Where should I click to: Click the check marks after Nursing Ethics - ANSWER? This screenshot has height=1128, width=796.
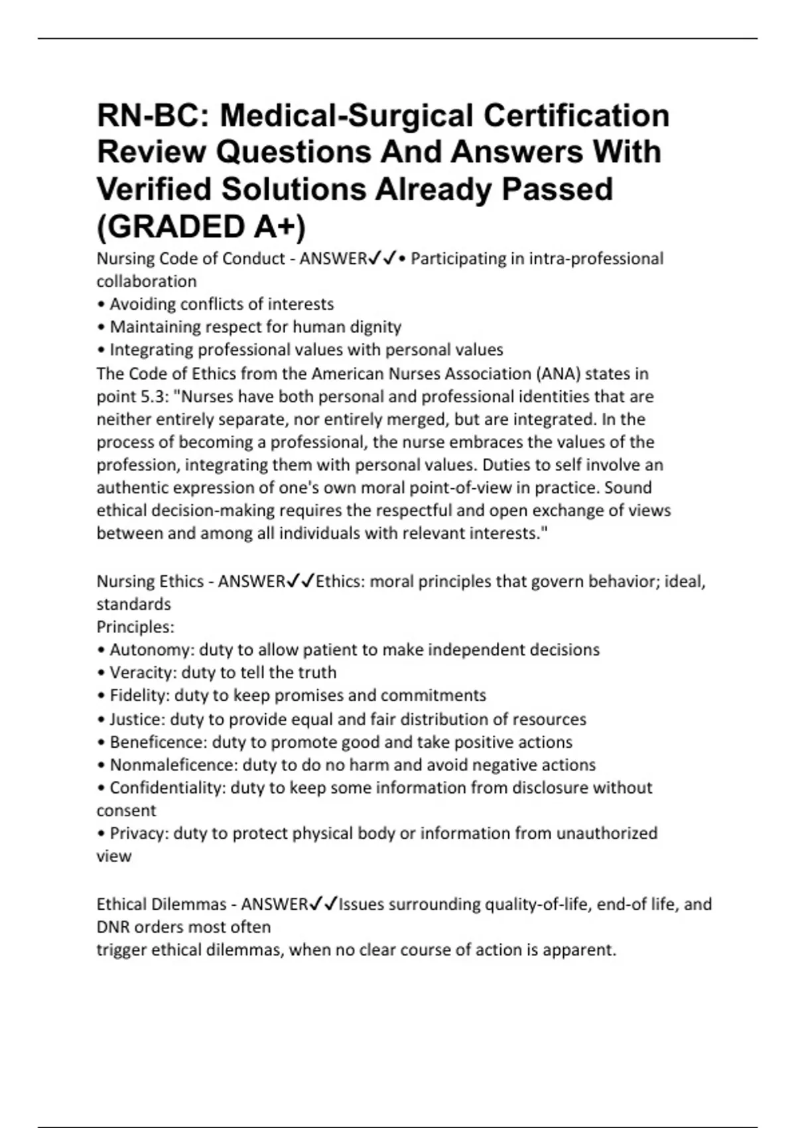click(x=300, y=581)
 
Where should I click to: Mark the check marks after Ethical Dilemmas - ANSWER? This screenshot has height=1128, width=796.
click(x=323, y=904)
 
